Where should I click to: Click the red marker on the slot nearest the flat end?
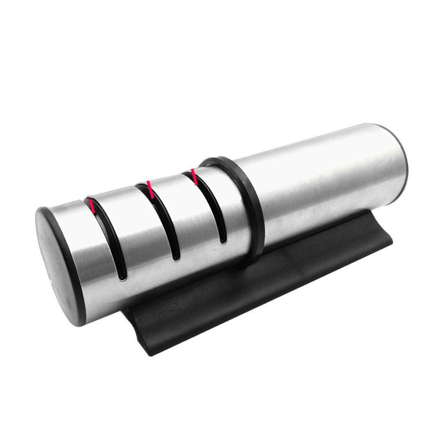92,205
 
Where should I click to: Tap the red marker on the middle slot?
150,189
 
